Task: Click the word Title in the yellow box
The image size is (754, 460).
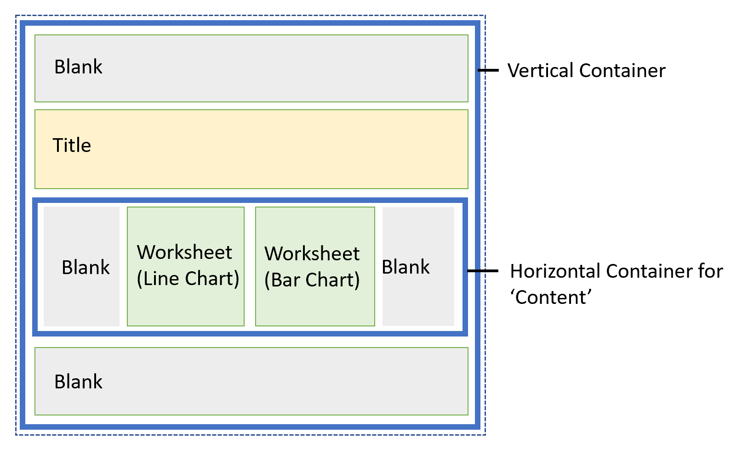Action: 72,146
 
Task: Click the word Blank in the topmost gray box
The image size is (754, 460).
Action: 78,67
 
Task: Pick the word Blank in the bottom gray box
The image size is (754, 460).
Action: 78,382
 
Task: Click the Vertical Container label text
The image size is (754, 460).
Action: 586,71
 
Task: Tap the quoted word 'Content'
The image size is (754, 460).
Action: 551,297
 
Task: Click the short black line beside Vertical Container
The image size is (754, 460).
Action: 488,70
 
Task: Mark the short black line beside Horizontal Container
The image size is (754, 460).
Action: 483,271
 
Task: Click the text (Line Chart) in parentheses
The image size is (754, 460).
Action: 188,279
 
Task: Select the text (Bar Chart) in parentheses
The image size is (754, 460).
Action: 312,280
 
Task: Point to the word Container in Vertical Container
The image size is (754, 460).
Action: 622,71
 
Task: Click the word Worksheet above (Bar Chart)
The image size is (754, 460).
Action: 312,254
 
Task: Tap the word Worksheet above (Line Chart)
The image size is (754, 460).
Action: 184,252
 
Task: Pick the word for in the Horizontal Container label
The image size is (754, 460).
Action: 711,271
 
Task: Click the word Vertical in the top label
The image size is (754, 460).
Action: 541,71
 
